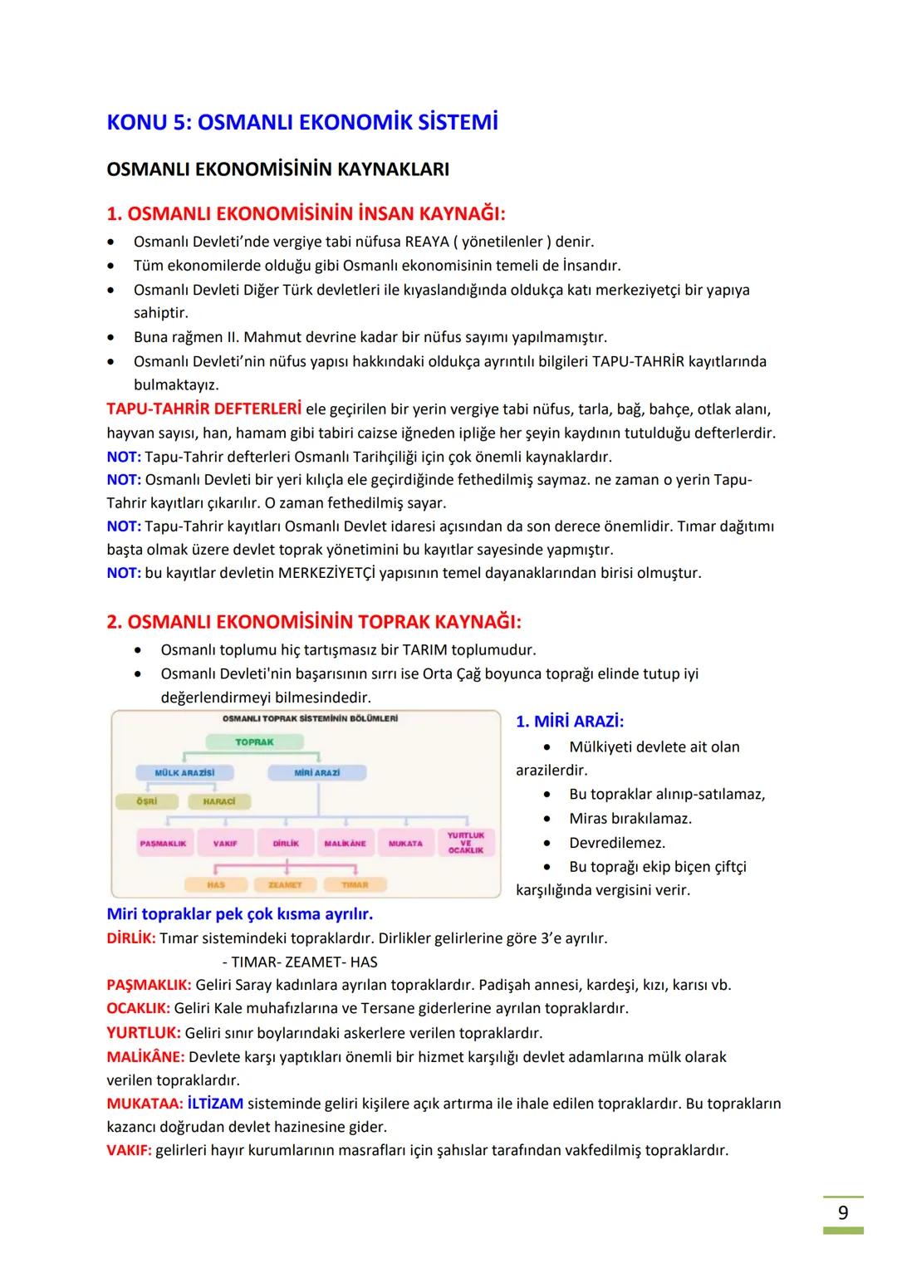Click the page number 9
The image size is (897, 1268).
point(842,1212)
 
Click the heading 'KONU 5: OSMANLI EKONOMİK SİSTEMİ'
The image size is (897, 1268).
point(302,123)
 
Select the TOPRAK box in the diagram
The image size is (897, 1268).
point(254,742)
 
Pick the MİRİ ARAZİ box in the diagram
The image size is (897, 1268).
point(316,772)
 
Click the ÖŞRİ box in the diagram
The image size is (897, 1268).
point(146,801)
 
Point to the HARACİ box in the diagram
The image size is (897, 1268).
point(219,801)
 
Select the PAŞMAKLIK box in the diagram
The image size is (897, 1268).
point(163,843)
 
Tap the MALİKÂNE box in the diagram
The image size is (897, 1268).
point(345,843)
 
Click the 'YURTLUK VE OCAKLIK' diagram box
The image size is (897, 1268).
point(465,843)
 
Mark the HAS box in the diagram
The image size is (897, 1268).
point(216,884)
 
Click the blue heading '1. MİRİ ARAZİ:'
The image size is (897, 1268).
point(570,722)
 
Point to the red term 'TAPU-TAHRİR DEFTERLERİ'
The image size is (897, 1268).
point(203,409)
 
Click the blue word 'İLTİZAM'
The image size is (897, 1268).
point(215,1104)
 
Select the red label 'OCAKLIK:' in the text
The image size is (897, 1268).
point(138,1008)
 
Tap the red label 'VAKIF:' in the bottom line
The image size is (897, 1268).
point(129,1150)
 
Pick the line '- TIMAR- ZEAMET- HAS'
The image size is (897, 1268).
point(300,962)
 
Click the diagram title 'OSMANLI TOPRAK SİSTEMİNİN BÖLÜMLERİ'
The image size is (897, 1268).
point(310,718)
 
